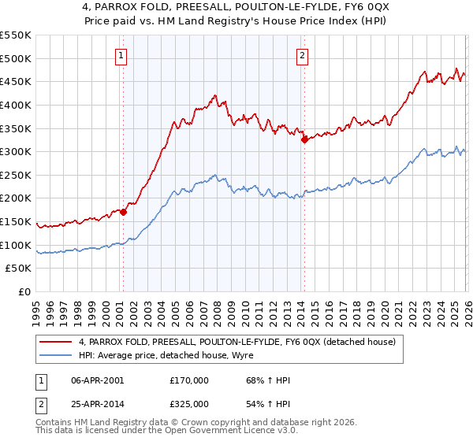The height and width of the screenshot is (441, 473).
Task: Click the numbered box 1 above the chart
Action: coord(122,55)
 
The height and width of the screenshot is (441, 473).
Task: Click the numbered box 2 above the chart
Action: coord(303,55)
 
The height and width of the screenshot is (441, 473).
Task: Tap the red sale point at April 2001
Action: coord(123,212)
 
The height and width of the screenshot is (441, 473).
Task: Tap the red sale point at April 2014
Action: coord(304,140)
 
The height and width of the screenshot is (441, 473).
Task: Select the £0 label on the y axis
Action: coord(25,292)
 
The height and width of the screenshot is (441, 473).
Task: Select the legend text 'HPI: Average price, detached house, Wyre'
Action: coord(169,355)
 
